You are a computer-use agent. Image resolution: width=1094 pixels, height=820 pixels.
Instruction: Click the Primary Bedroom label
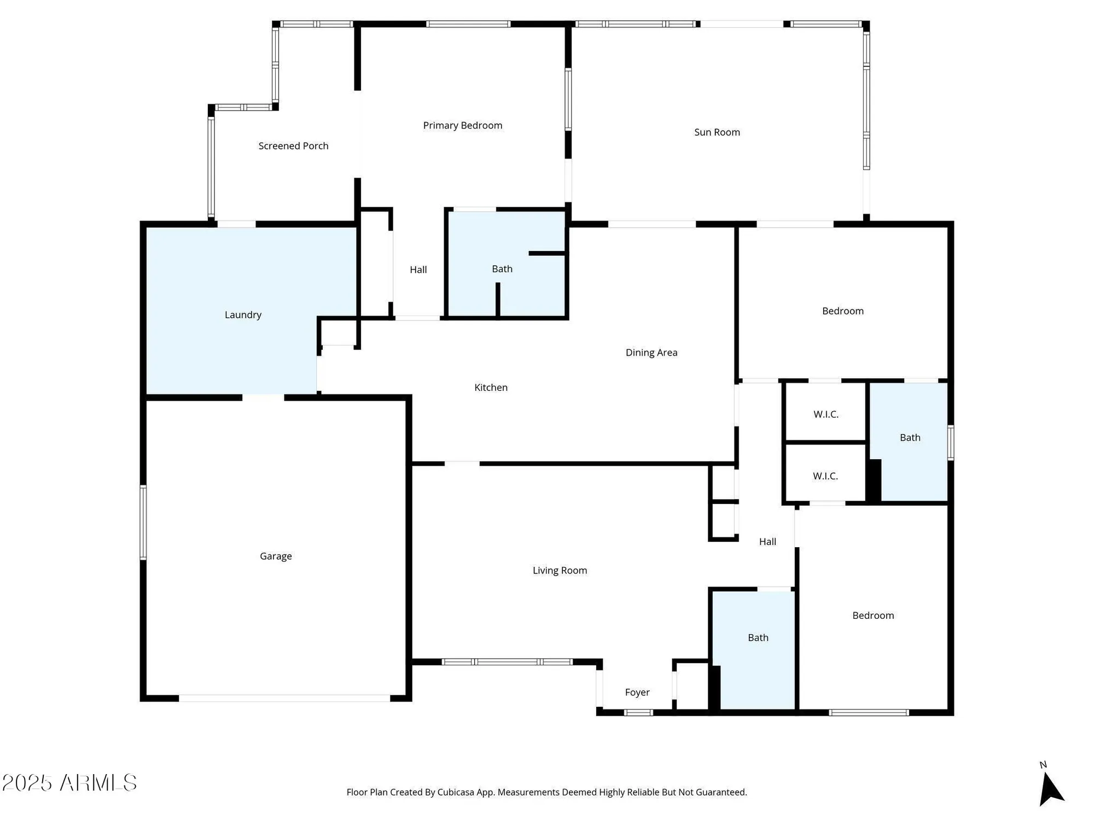(462, 125)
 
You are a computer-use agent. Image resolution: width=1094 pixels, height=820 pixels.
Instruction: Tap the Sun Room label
(717, 132)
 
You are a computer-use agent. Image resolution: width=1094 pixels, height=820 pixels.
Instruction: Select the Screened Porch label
(293, 146)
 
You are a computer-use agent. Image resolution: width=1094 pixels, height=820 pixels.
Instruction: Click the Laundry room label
(243, 315)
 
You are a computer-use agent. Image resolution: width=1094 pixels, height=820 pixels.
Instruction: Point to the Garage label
(276, 556)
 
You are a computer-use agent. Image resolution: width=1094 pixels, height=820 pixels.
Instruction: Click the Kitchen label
(491, 388)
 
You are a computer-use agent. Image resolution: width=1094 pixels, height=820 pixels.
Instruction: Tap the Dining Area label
(651, 353)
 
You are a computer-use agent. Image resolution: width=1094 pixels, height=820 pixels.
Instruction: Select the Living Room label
(560, 570)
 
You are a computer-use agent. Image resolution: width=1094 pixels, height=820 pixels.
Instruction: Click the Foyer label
(637, 692)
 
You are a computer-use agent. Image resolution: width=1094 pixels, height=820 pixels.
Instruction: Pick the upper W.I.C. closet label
(825, 414)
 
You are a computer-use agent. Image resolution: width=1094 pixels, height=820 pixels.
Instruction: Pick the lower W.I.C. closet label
(825, 476)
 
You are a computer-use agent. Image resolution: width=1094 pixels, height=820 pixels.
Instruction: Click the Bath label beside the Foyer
(758, 637)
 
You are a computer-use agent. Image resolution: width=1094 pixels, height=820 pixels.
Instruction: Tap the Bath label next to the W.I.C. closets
(910, 437)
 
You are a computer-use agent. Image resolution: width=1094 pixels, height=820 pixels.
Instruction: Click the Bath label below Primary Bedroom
(502, 269)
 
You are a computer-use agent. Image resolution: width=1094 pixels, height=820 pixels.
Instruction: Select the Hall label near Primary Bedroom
(418, 270)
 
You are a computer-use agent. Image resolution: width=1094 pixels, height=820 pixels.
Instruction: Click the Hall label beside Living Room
(767, 542)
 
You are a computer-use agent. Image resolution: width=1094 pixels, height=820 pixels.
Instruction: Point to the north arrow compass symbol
(1050, 788)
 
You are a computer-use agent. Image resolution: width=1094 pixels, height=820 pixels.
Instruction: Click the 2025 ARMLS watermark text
(69, 783)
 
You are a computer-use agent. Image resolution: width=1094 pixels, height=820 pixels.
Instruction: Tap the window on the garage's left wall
(143, 522)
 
